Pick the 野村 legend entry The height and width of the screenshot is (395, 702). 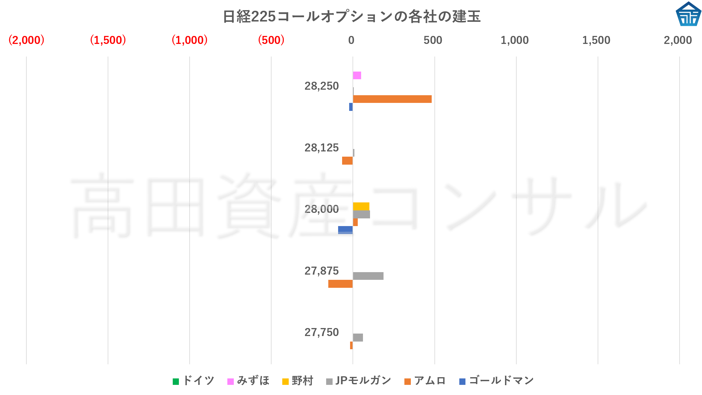tap(298, 381)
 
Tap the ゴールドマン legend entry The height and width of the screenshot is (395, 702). tap(497, 381)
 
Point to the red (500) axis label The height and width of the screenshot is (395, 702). tap(271, 40)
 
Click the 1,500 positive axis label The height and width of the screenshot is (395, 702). tap(596, 40)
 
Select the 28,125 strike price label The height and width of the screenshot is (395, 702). tap(321, 148)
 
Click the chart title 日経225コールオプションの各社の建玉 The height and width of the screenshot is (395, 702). tap(351, 17)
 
